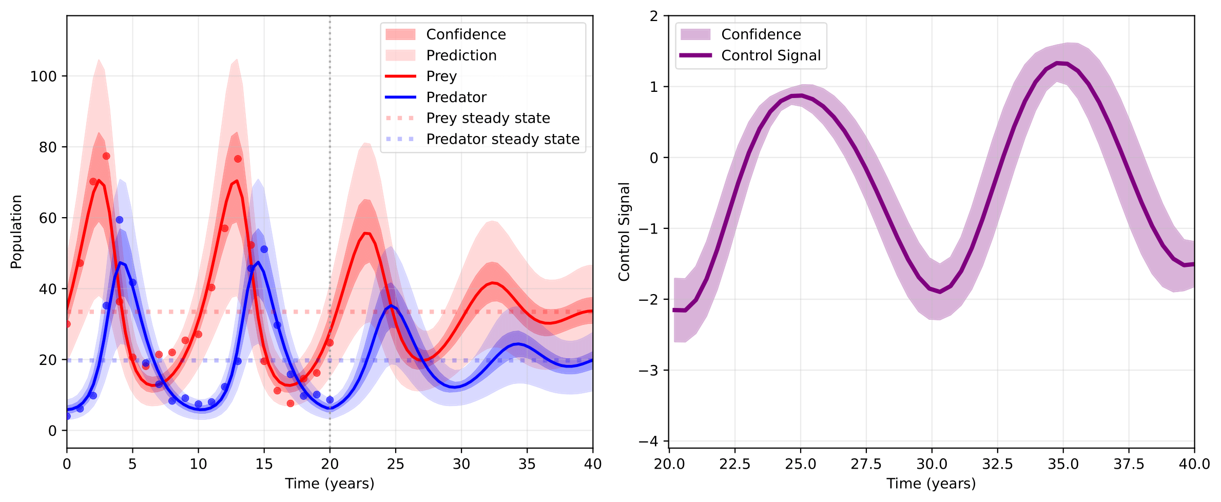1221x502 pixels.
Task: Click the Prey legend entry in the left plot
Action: (x=441, y=76)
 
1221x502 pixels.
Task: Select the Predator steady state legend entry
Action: (x=502, y=139)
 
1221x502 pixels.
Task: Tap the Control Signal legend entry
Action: (x=770, y=55)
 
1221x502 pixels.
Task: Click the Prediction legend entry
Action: (x=461, y=55)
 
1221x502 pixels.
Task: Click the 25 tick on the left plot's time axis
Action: (x=395, y=464)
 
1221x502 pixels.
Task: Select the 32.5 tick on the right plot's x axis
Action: (x=997, y=464)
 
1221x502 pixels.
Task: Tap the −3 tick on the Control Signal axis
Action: (x=648, y=371)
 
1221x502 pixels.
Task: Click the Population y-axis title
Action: (x=16, y=231)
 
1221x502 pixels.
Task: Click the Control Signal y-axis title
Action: (x=624, y=231)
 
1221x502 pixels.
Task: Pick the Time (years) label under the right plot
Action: (x=931, y=484)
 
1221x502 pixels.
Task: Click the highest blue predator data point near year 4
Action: (x=119, y=220)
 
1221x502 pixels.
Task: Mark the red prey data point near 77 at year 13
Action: (x=238, y=159)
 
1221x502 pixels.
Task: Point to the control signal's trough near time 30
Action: (x=940, y=292)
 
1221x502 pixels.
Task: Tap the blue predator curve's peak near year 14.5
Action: (x=258, y=262)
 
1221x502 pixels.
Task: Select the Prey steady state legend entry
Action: (x=488, y=118)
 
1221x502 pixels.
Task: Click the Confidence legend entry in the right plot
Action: (x=761, y=34)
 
